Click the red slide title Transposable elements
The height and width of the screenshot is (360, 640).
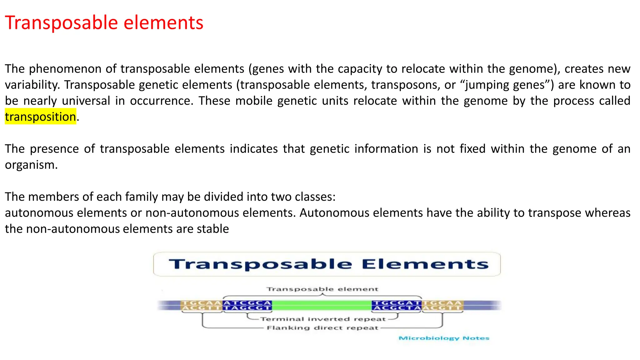(104, 23)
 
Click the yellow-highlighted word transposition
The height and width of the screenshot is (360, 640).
(40, 117)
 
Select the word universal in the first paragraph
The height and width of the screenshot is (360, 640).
(86, 101)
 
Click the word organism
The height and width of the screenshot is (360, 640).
(31, 165)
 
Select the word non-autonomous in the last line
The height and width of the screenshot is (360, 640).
(72, 229)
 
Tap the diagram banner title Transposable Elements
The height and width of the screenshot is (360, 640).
(328, 264)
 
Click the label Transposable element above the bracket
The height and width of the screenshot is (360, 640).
(322, 289)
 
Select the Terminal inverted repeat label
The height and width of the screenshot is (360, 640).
(323, 319)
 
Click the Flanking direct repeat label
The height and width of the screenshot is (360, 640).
(322, 328)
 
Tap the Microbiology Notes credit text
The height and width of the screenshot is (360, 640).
(444, 338)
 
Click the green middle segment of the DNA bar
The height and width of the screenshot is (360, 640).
(322, 305)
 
